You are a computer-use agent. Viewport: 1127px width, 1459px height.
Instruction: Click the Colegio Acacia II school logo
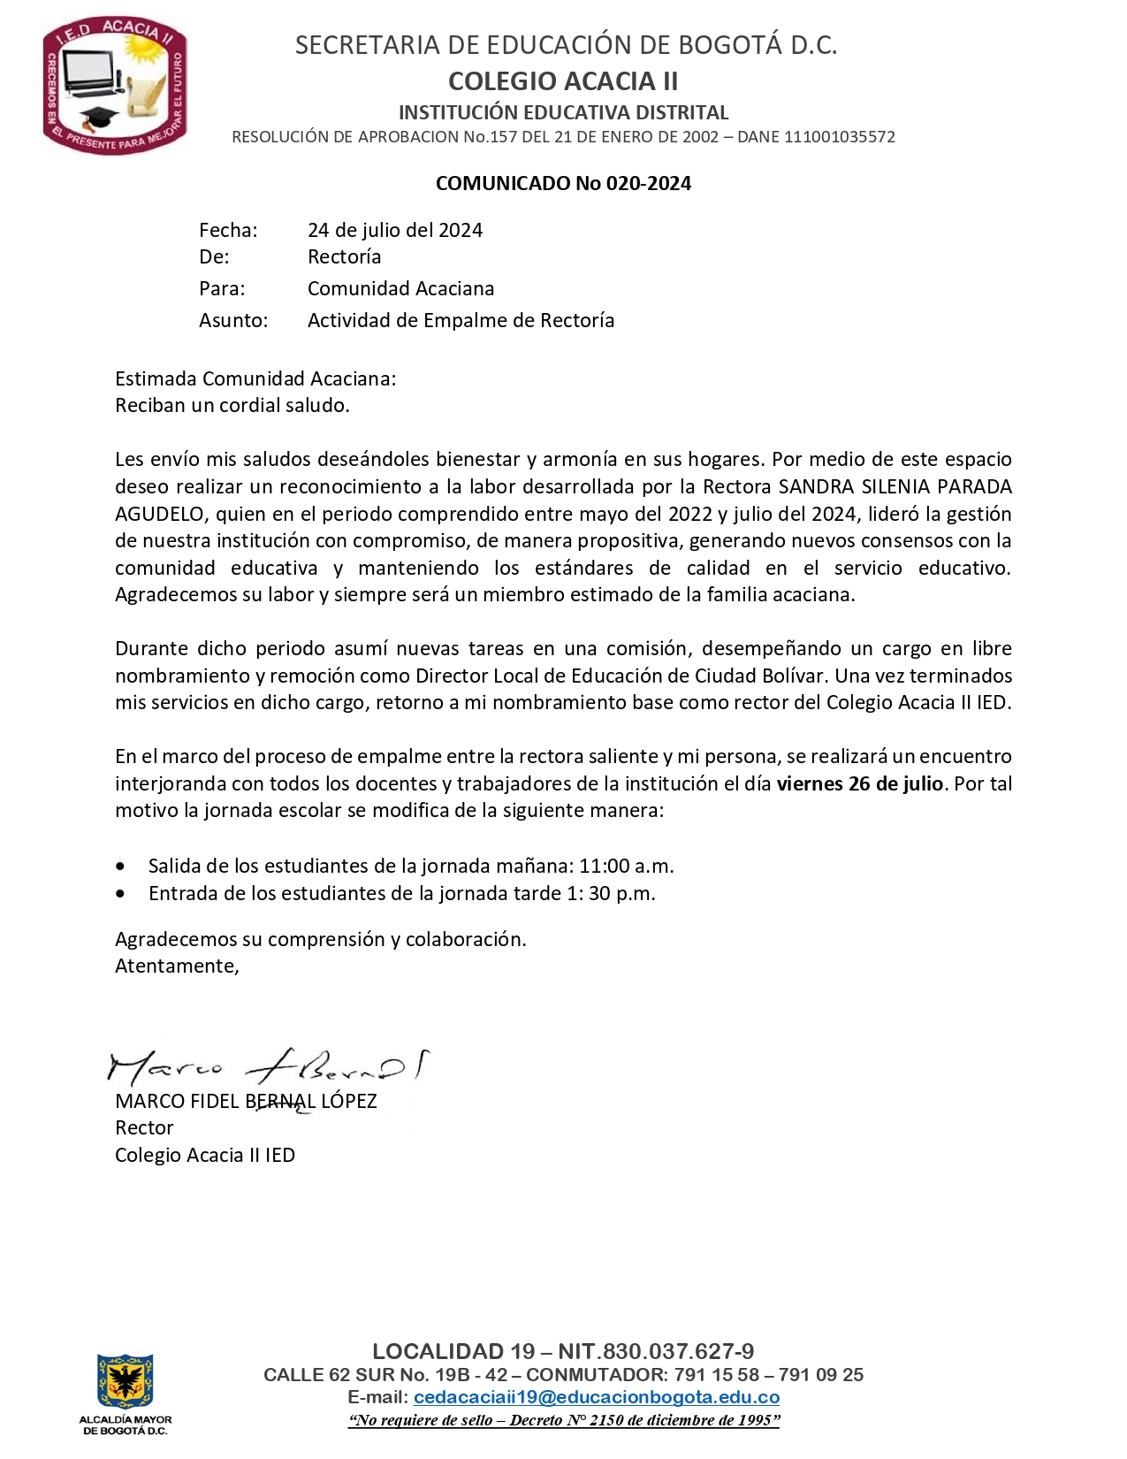[115, 86]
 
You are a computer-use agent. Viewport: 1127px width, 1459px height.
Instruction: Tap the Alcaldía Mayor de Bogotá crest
[126, 1381]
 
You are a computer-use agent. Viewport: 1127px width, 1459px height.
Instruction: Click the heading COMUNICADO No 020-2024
[563, 184]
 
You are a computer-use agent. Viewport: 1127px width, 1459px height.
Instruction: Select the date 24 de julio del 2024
[395, 231]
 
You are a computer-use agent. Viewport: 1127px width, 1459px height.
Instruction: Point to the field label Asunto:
[233, 321]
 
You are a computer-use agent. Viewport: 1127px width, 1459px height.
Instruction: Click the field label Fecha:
[228, 231]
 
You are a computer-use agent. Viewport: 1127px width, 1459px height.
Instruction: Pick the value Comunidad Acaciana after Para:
[400, 289]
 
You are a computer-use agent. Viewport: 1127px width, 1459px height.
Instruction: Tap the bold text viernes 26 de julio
[859, 783]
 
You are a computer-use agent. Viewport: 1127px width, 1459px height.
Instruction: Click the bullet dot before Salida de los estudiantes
[120, 867]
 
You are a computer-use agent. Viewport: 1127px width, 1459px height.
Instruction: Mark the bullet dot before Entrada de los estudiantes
[120, 894]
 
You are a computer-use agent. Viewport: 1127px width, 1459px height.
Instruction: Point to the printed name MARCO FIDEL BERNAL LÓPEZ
[246, 1102]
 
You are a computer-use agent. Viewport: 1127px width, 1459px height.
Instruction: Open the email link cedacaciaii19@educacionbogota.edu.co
[597, 1398]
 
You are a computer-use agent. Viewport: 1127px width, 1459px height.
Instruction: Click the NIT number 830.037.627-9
[679, 1351]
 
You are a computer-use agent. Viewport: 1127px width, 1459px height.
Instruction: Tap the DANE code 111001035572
[841, 137]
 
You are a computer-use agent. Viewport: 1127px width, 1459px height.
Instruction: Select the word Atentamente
[177, 966]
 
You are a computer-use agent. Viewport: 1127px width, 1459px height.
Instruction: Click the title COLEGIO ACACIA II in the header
[563, 81]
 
